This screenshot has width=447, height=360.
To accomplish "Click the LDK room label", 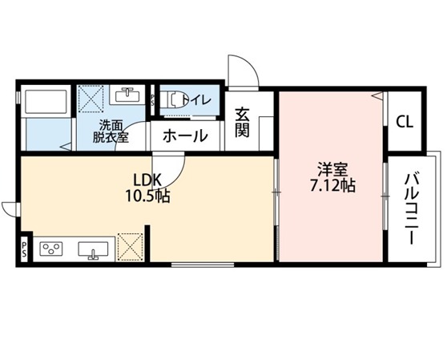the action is pos(148,180).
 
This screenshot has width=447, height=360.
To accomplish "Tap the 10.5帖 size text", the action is pos(147,196).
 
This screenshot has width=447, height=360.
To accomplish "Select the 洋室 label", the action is pos(332,170).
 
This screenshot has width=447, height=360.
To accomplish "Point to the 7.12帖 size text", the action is pos(332,185).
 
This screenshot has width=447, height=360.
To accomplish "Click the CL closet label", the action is pos(405,123).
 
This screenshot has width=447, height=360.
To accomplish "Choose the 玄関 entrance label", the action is pos(242,122).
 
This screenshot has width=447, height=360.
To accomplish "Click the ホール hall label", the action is pos(185,136).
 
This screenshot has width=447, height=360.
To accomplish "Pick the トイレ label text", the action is pos(197,100).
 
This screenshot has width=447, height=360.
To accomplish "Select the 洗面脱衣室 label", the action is pos(111,131).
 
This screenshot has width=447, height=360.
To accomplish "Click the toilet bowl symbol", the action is pos(177,99).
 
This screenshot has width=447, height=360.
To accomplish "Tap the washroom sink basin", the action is pos(127,95).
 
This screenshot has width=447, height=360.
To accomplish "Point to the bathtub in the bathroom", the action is pos(46,102).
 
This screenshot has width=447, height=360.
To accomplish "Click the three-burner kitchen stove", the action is pos(51,249).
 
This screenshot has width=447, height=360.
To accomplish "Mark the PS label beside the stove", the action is pos(24,249).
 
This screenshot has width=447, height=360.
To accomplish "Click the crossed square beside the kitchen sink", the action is pos(130,247).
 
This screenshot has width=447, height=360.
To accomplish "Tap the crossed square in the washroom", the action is pos(91,99).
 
